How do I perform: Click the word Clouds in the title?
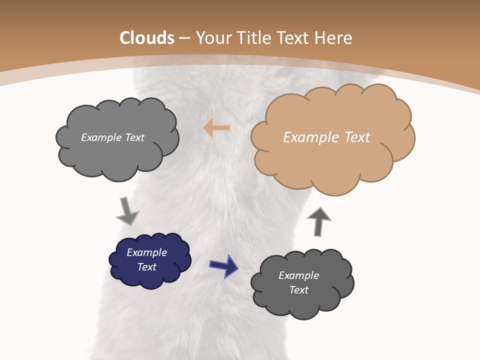point(147,38)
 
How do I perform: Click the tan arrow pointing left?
point(217,128)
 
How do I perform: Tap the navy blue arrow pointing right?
point(224,265)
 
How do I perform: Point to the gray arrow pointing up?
point(319,220)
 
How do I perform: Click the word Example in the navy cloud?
point(147,252)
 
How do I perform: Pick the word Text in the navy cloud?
point(147,267)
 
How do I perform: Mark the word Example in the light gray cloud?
point(100,137)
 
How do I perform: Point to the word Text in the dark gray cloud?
point(299,290)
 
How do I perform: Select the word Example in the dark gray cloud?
point(299,275)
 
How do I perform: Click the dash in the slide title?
point(184,38)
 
